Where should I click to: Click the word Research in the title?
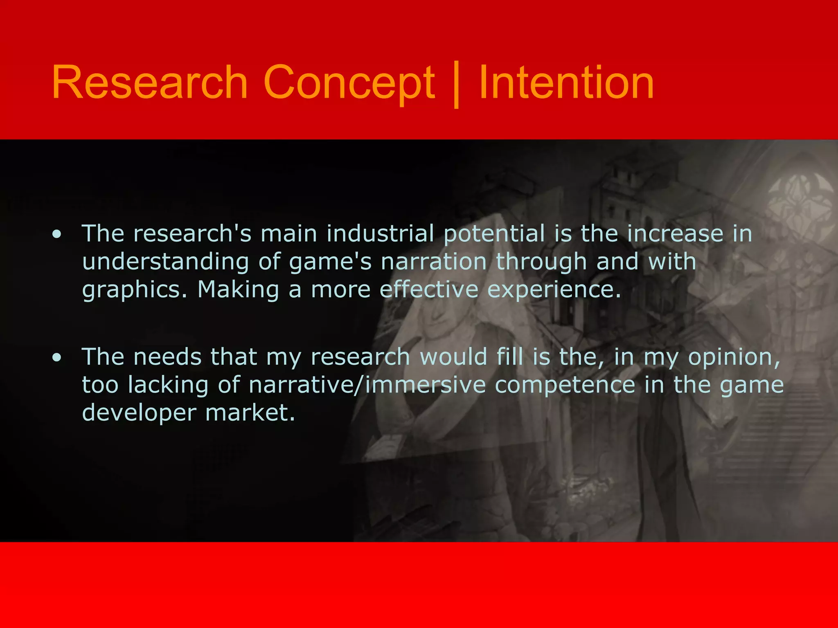150,83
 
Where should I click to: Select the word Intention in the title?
566,83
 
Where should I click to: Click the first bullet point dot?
57,234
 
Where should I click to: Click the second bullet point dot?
57,358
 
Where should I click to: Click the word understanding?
165,262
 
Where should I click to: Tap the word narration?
434,262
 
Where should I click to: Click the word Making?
238,290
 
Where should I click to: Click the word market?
250,413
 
